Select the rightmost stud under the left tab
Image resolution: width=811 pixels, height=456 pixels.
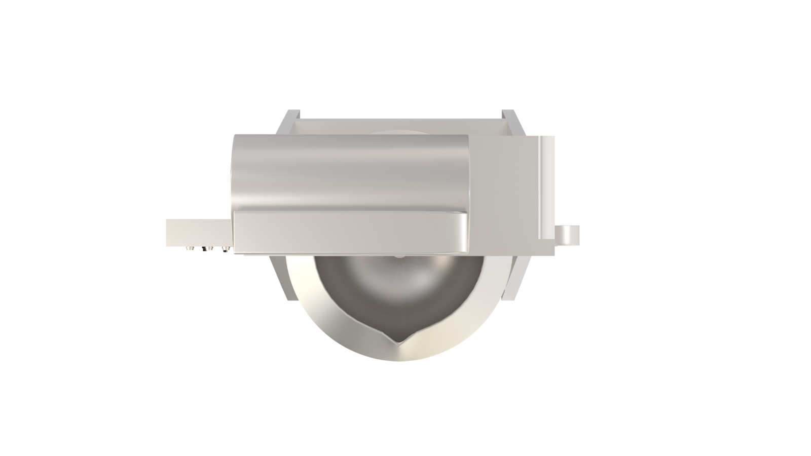[224, 249]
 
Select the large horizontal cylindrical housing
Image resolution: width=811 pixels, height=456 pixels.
[350, 172]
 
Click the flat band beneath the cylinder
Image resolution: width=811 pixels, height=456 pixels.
[350, 233]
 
